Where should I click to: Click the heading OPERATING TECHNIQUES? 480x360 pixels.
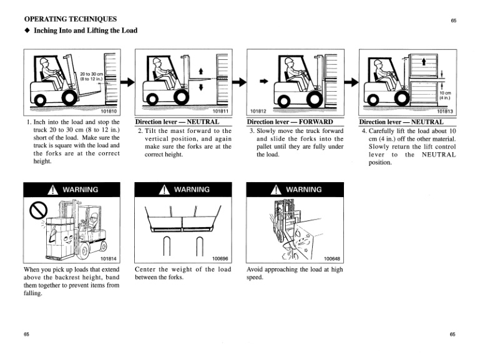tap(70, 19)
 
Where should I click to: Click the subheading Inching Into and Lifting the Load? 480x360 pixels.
tap(85, 31)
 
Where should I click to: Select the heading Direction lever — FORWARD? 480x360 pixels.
tap(288, 122)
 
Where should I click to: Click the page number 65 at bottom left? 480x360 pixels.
tap(27, 335)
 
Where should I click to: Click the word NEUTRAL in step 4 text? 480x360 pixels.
tap(438, 154)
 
